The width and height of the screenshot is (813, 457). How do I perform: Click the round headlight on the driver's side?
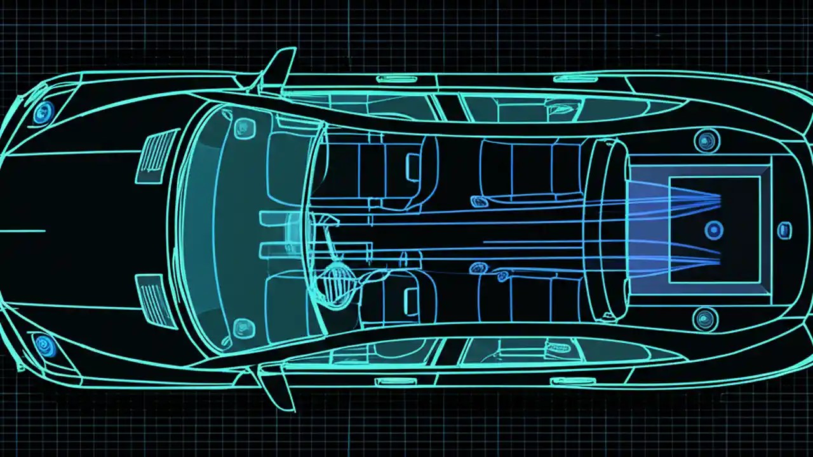[45, 346]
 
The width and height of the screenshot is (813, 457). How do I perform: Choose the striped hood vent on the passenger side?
[158, 152]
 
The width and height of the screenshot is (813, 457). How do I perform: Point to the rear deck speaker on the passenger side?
[706, 140]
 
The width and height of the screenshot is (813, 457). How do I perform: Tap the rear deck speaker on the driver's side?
[705, 318]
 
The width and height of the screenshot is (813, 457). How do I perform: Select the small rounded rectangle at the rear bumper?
[785, 230]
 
